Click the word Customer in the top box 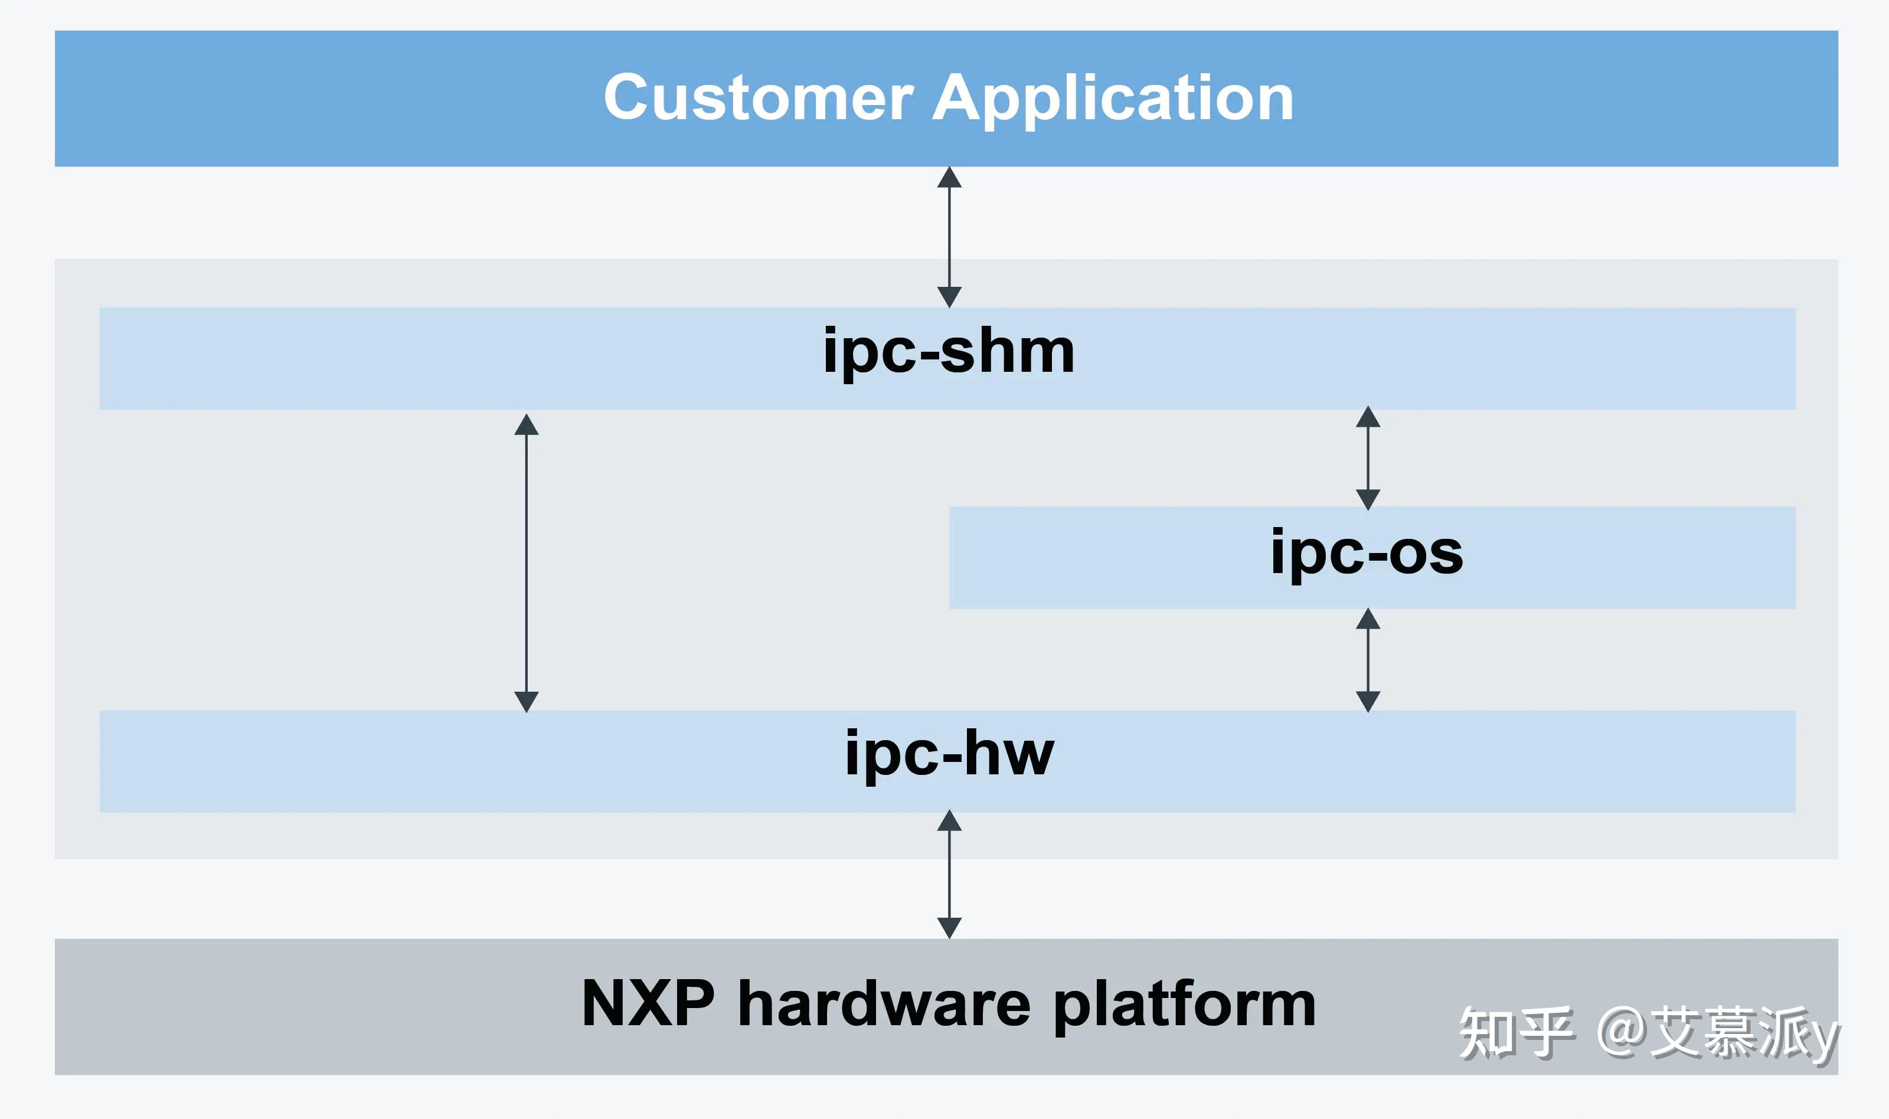[758, 98]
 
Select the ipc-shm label [948, 353]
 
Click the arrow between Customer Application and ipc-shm [949, 237]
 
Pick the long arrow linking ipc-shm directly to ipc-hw [527, 562]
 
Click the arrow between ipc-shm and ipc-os [1368, 458]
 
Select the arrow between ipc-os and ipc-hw [1368, 660]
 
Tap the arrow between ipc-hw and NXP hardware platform [949, 874]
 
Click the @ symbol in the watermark [1622, 1031]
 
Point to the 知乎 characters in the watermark [1516, 1032]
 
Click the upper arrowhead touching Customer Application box [949, 178]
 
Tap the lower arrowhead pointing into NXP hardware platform [949, 927]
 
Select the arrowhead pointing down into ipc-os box [1368, 499]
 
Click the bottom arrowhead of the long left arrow [527, 701]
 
